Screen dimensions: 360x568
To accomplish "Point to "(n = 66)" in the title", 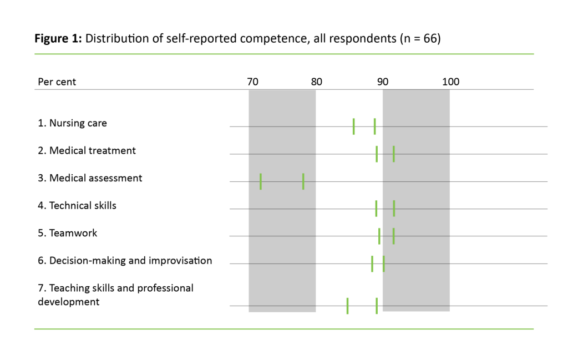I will (x=420, y=39).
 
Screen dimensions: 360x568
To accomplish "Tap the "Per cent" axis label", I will (x=57, y=82).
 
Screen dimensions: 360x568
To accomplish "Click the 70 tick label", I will (x=252, y=82).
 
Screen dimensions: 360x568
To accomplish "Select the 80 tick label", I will (x=316, y=82).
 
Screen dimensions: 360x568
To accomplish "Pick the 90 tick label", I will (x=383, y=82).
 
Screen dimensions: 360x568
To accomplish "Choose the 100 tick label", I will (x=450, y=82).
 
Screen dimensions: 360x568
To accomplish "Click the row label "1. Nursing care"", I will (x=72, y=123).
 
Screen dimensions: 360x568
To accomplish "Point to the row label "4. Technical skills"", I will (x=77, y=205).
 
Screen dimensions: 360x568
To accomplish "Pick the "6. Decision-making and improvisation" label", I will (x=125, y=260).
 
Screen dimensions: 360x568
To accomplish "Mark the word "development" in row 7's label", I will (x=69, y=302).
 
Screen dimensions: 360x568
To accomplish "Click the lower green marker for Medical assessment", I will (x=261, y=181).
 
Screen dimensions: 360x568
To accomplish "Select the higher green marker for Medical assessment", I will (x=303, y=181).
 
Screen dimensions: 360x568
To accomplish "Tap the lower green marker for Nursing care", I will (x=354, y=126).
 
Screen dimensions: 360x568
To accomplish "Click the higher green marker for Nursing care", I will (x=375, y=126).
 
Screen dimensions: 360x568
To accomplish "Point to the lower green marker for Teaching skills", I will (x=348, y=306).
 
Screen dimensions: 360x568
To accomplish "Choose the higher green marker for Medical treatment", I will (x=394, y=154).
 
